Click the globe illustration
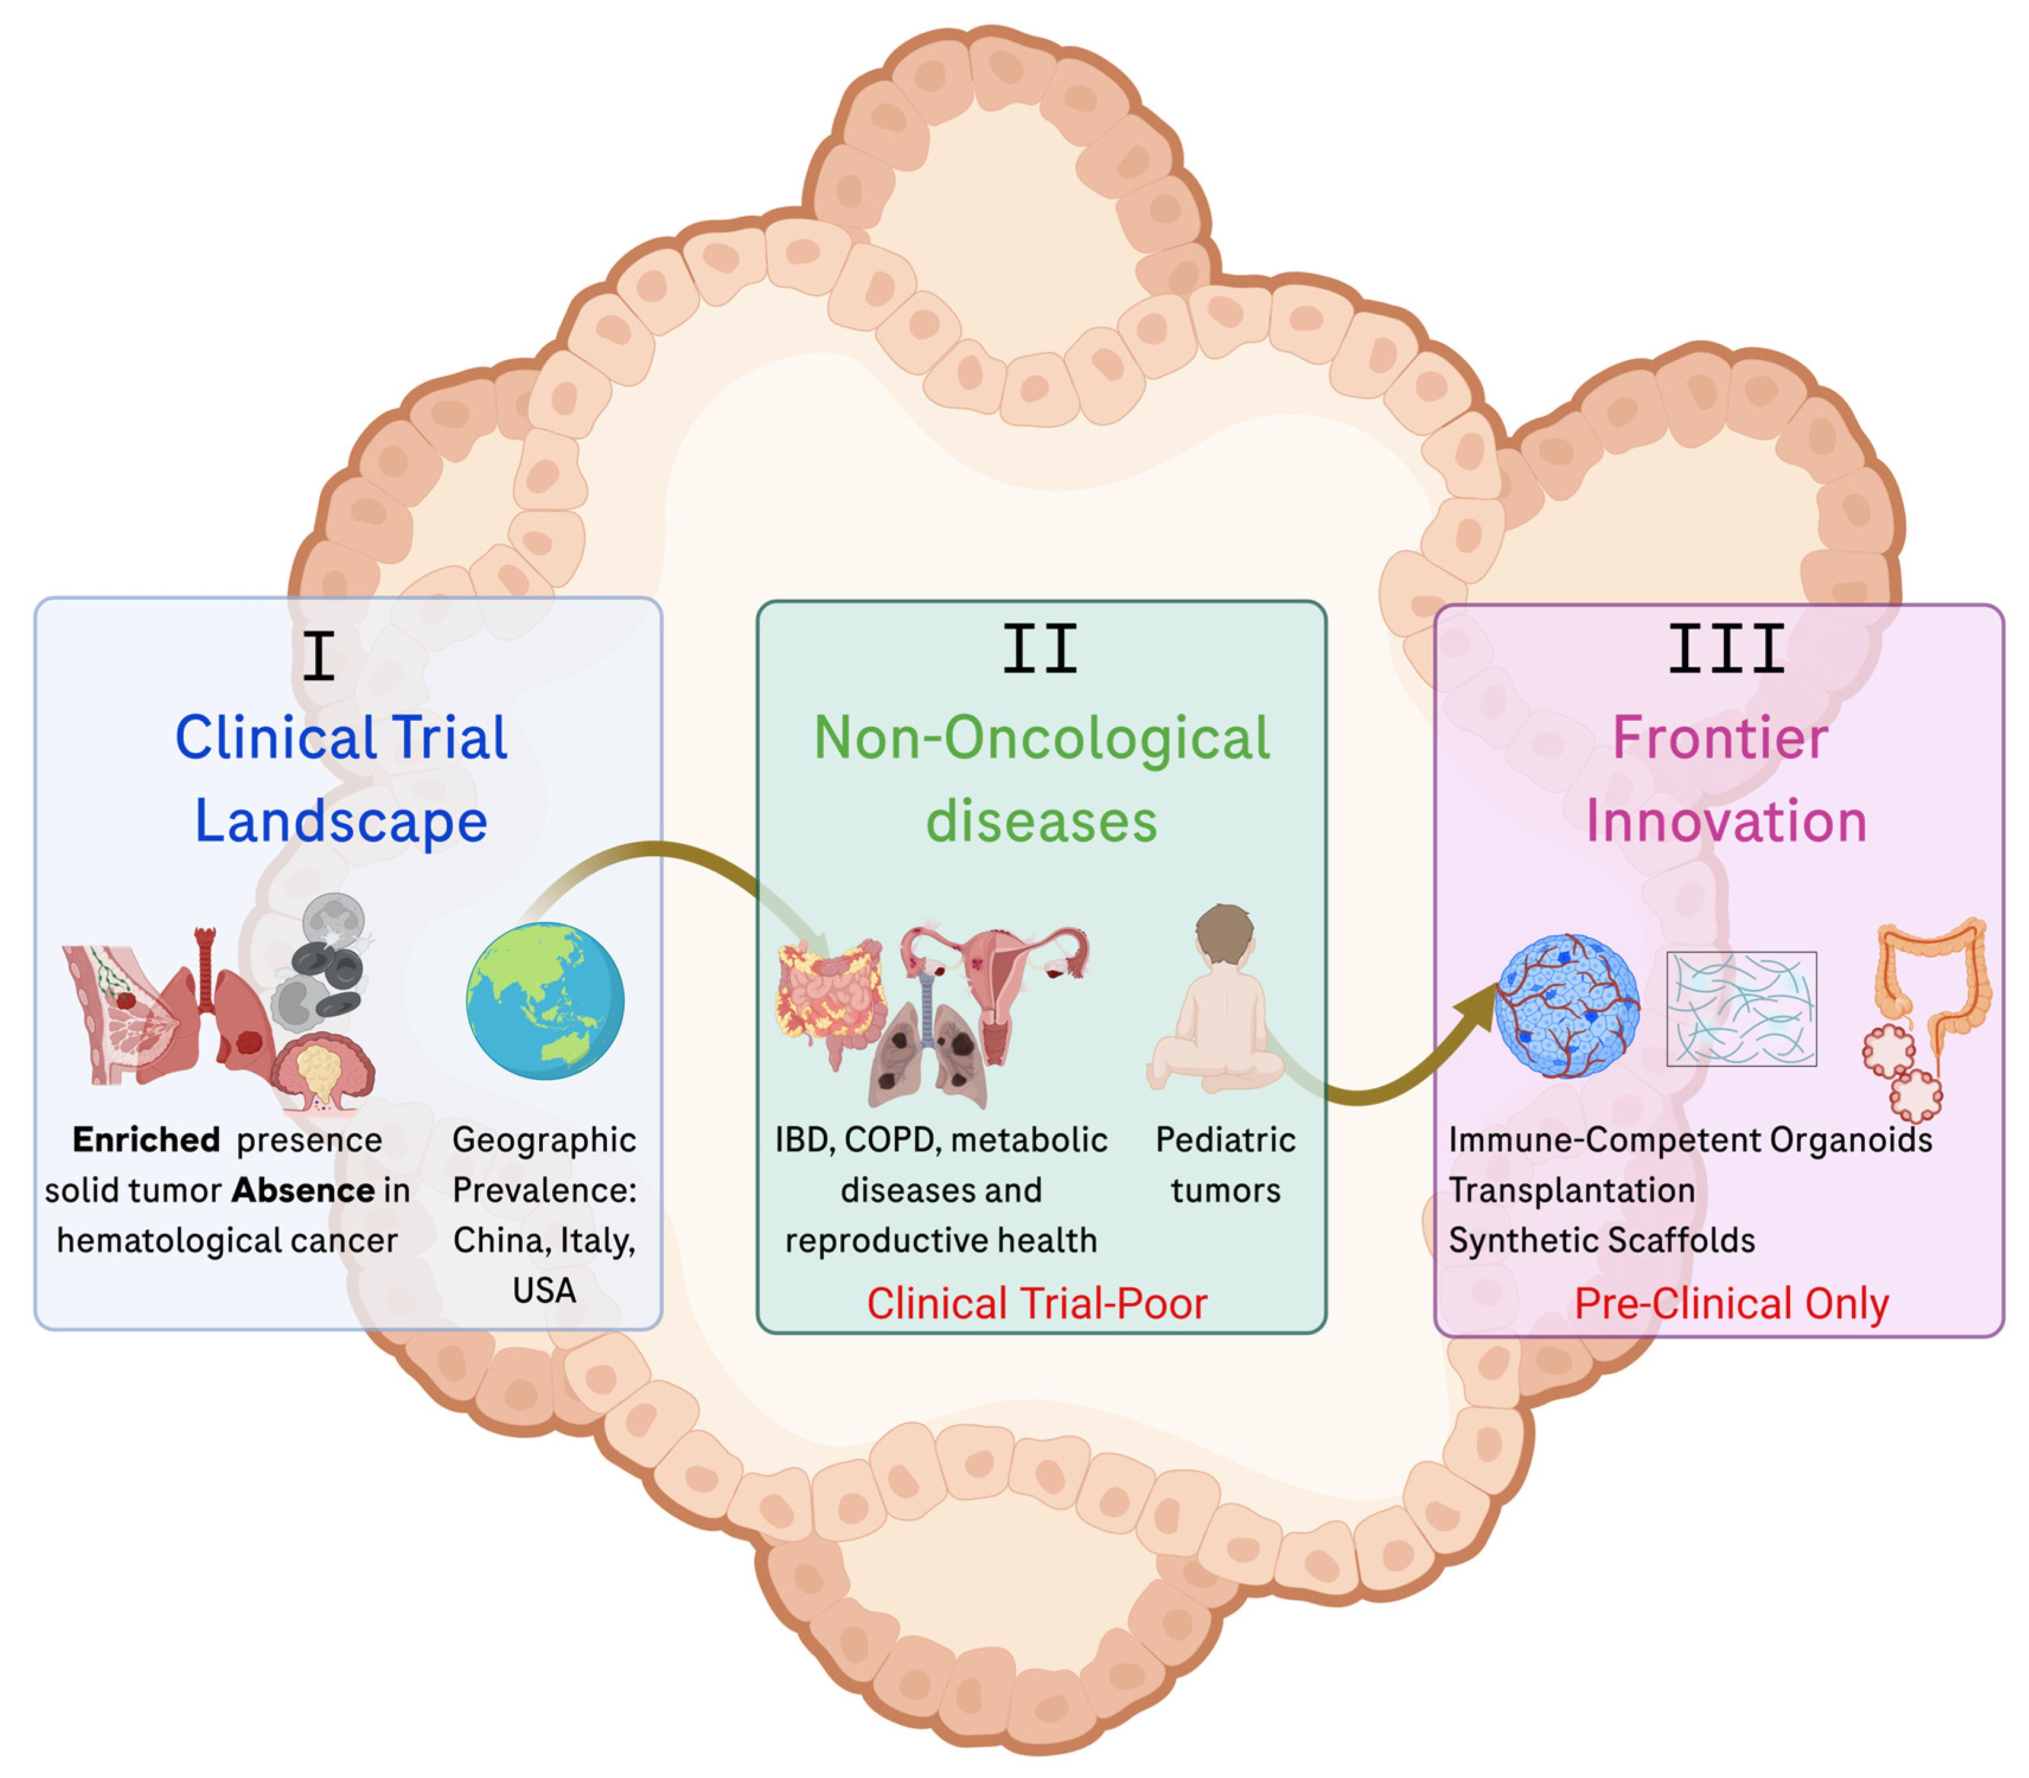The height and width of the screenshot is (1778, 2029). pyautogui.click(x=545, y=1000)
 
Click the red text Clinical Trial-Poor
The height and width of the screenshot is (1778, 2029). pyautogui.click(x=1037, y=1303)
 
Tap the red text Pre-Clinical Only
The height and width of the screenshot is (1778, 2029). pyautogui.click(x=1732, y=1303)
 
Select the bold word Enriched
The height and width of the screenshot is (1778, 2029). pyautogui.click(x=146, y=1139)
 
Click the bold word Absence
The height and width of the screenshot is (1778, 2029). pyautogui.click(x=303, y=1189)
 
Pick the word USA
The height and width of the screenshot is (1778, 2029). pyautogui.click(x=544, y=1290)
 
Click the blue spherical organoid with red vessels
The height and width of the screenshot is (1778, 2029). pyautogui.click(x=1567, y=1005)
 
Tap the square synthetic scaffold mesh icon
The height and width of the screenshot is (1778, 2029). pyautogui.click(x=1741, y=1008)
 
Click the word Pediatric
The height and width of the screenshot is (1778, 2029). pyautogui.click(x=1225, y=1139)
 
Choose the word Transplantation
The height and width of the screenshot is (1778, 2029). pyautogui.click(x=1572, y=1189)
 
